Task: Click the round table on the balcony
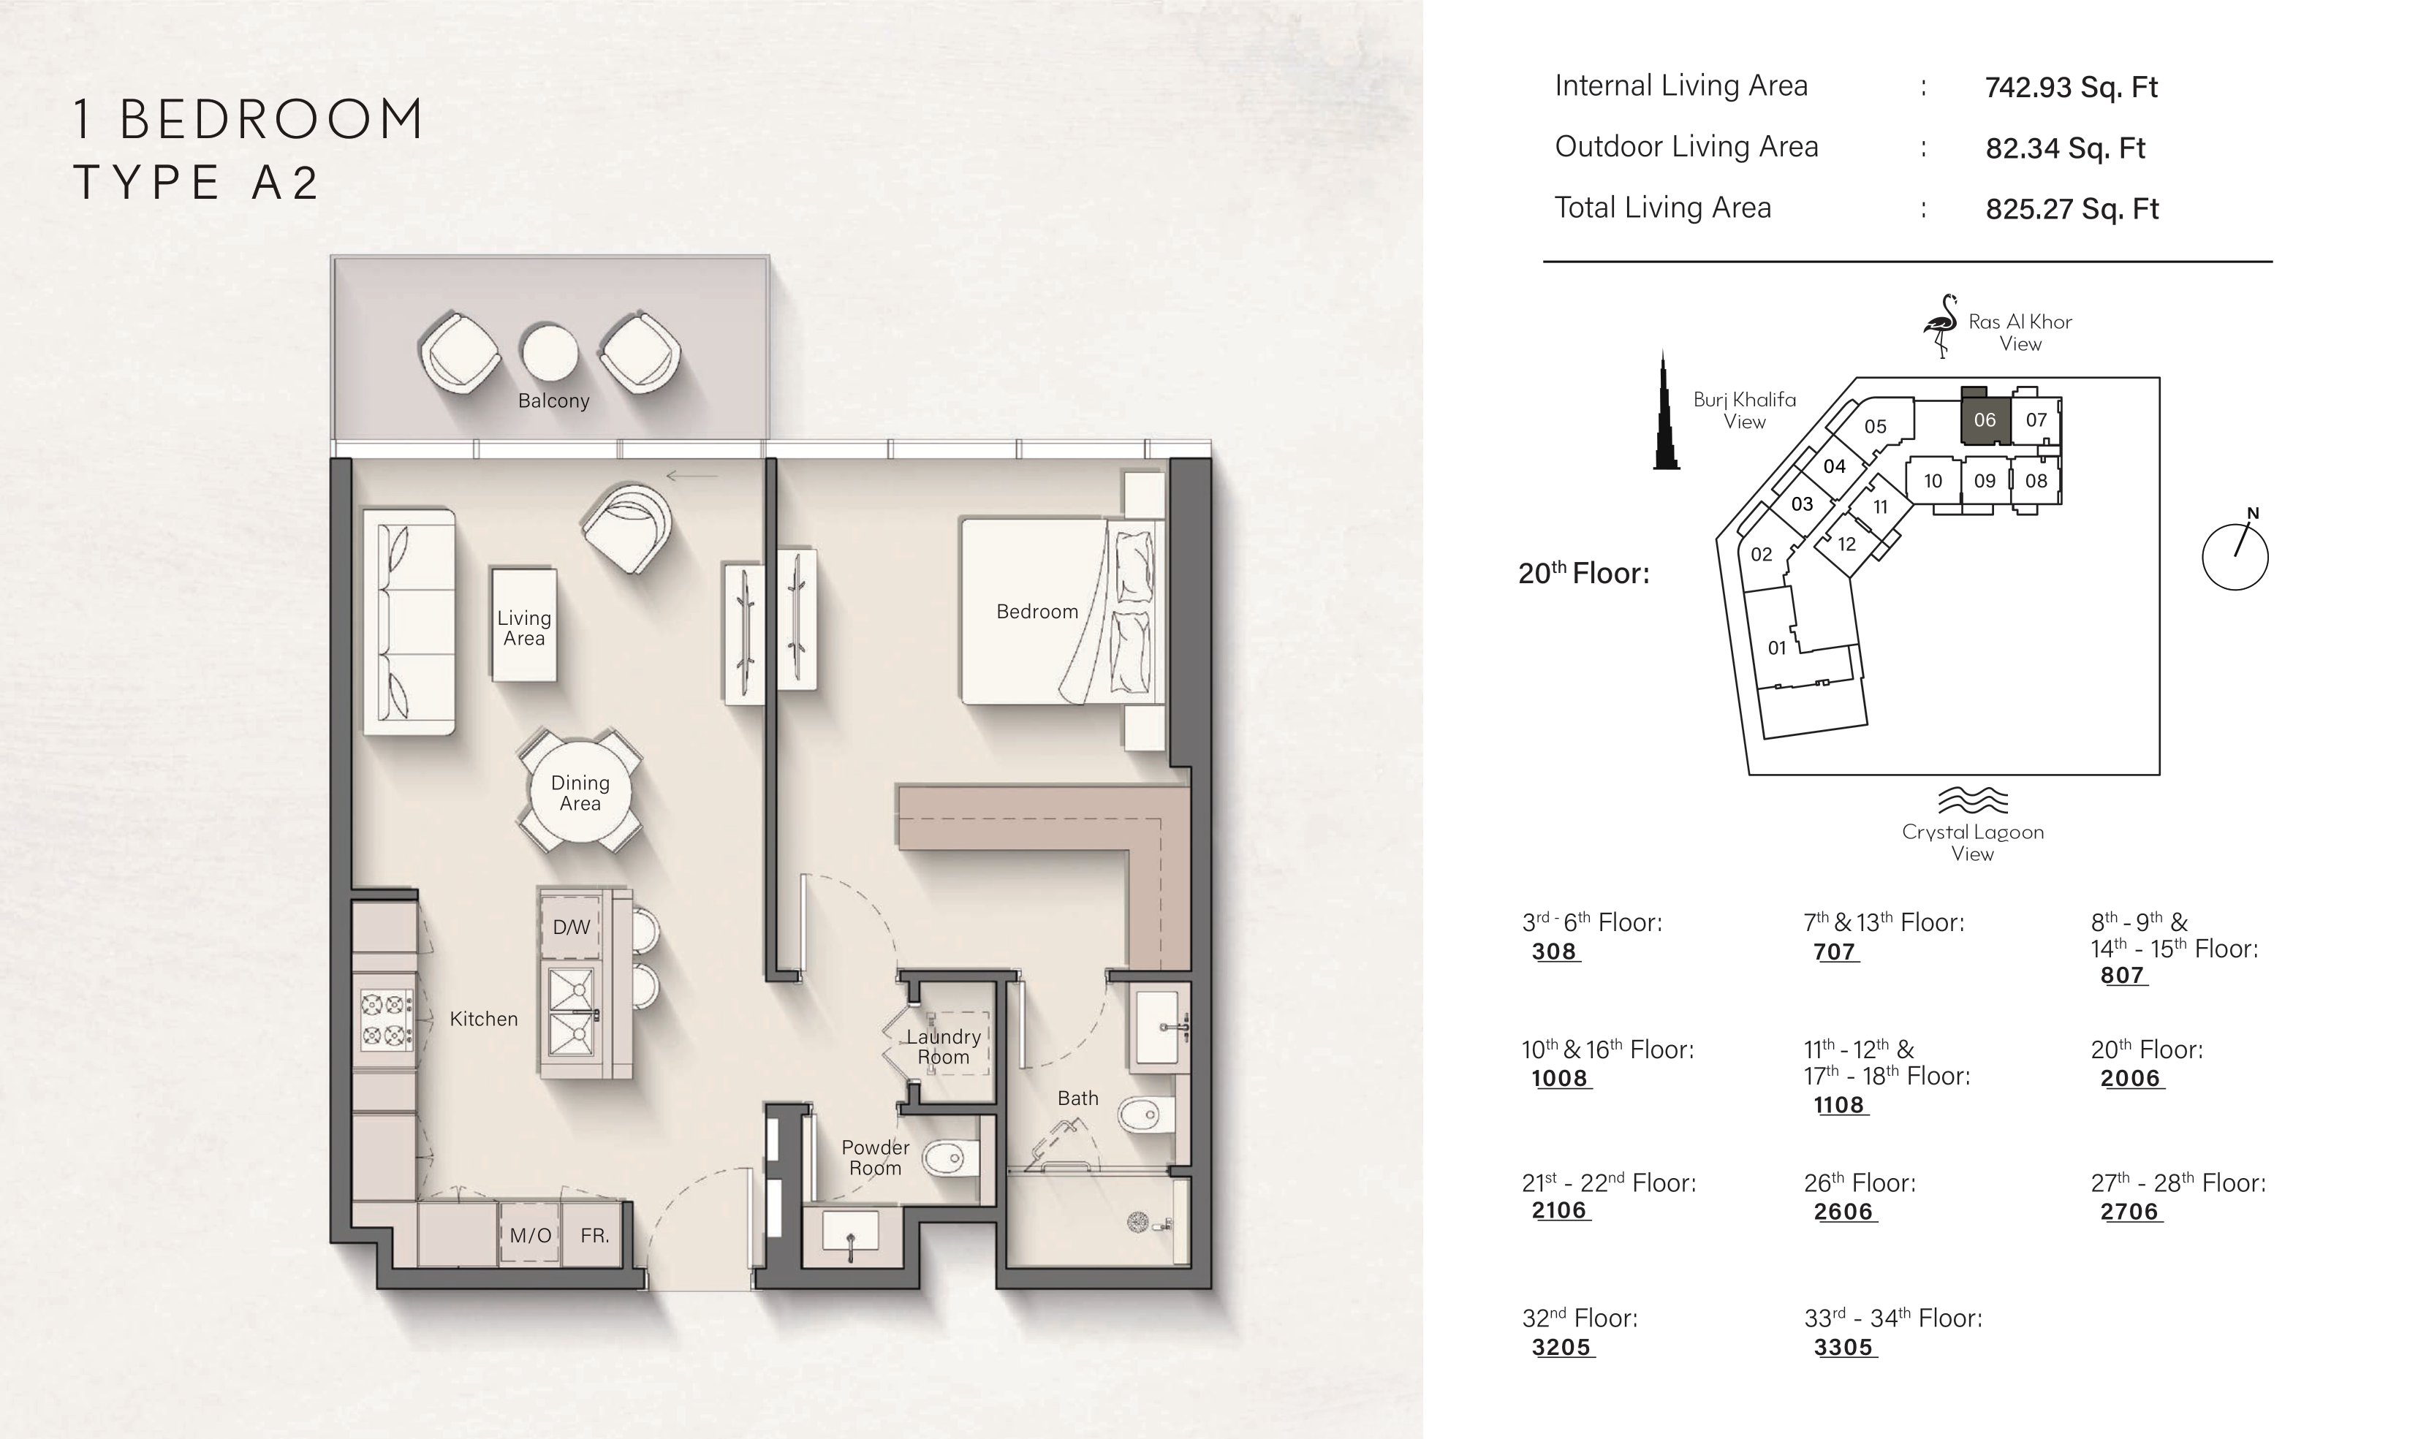[549, 351]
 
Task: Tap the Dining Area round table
[580, 792]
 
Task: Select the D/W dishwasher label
[571, 927]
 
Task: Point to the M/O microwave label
[531, 1235]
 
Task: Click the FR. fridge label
[594, 1235]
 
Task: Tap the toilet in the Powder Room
[951, 1158]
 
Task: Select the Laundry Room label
[944, 1047]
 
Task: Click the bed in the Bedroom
[1061, 611]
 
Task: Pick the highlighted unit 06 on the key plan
[1985, 419]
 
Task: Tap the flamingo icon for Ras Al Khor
[1940, 326]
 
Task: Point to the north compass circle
[2235, 557]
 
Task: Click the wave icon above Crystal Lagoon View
[1972, 800]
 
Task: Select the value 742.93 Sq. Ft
[2071, 87]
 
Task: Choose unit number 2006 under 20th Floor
[2130, 1078]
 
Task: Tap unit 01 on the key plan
[1776, 648]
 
